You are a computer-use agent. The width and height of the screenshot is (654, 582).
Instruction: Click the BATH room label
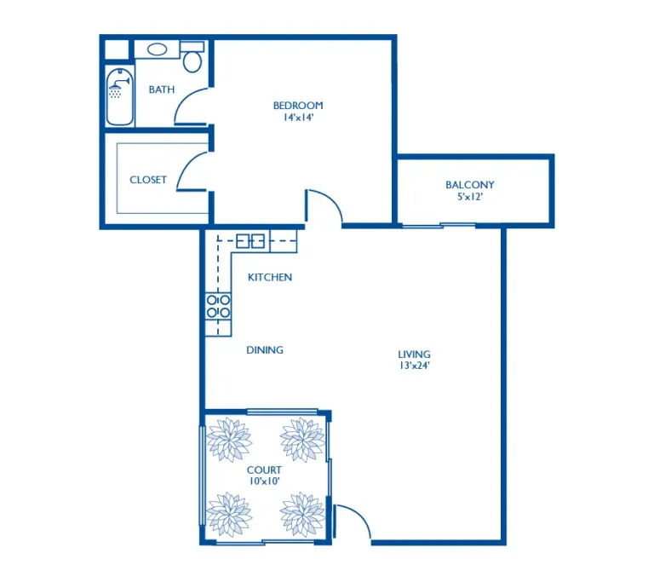pos(162,89)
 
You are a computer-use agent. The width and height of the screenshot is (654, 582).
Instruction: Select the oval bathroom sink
pos(158,49)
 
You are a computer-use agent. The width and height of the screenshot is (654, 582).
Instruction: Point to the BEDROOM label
pos(298,106)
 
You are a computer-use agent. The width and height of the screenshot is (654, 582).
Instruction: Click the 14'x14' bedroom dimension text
pos(298,118)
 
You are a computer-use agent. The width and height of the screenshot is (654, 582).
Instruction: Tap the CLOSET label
pos(148,180)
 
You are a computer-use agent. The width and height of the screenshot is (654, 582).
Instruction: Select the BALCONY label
pos(470,185)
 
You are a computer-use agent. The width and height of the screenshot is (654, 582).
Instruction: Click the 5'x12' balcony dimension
pos(470,196)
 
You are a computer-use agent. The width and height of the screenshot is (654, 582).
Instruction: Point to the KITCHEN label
pos(270,277)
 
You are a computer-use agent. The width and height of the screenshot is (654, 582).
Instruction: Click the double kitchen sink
pos(250,241)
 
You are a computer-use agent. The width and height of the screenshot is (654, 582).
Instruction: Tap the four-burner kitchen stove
pos(218,307)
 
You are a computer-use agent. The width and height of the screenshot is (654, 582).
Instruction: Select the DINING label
pos(265,350)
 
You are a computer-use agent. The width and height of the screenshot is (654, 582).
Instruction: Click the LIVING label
pos(414,354)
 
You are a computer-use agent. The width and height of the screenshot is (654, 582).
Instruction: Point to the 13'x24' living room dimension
pos(414,366)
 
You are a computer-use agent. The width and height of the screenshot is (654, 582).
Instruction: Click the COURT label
pos(264,470)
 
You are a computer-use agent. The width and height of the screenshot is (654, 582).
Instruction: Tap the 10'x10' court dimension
pos(264,481)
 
